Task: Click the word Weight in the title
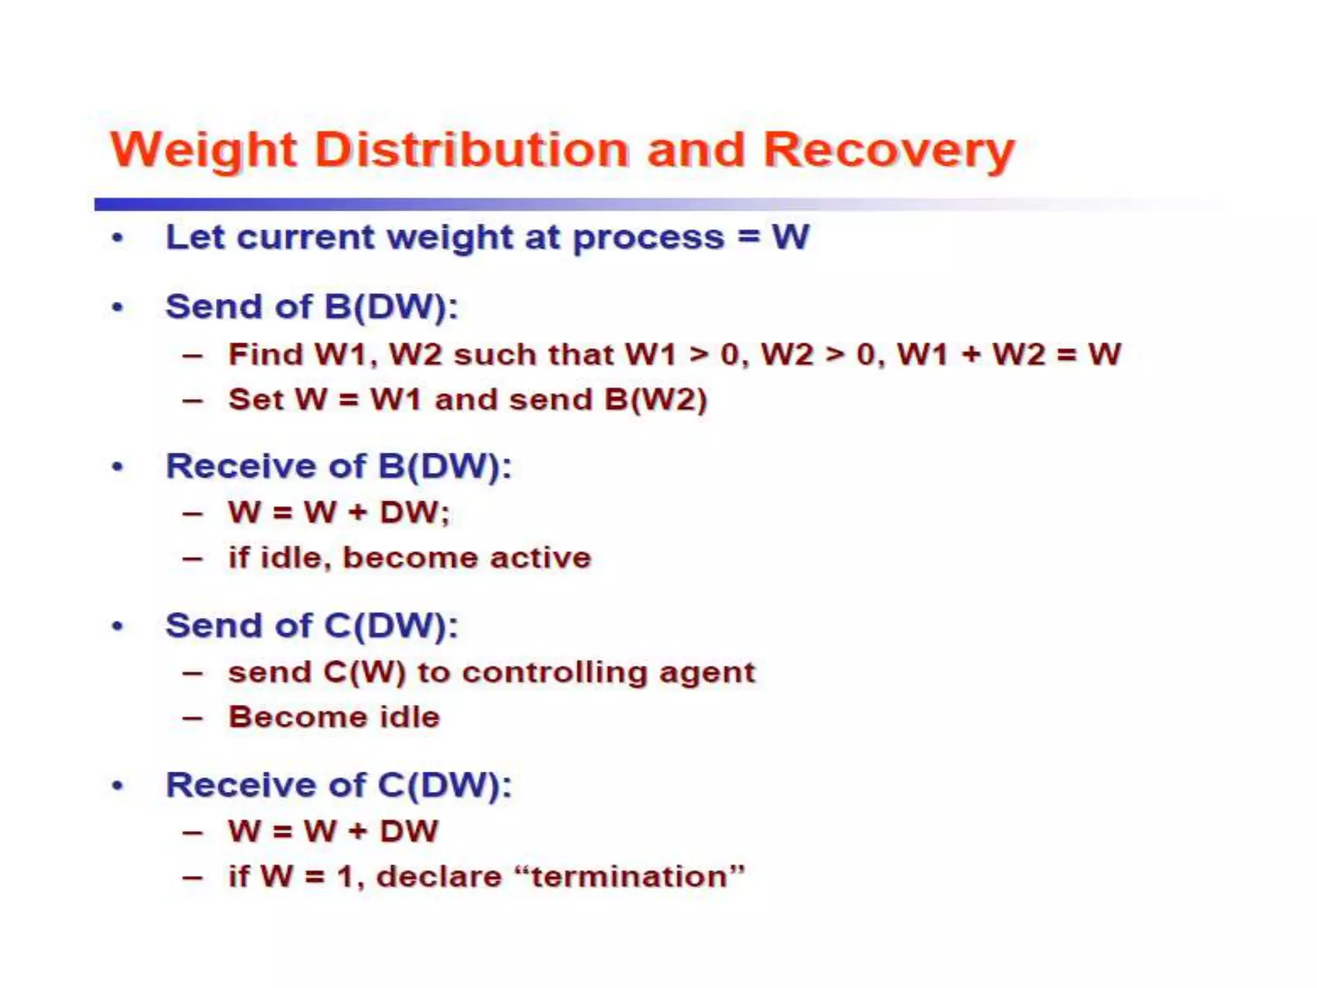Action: pyautogui.click(x=203, y=151)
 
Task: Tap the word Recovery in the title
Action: pyautogui.click(x=888, y=151)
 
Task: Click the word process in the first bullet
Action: pyautogui.click(x=648, y=238)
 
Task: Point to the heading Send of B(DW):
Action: pyautogui.click(x=312, y=307)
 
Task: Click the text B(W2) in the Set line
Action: pyautogui.click(x=655, y=400)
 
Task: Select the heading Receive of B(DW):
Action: pyautogui.click(x=338, y=466)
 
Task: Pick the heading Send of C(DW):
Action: pyautogui.click(x=312, y=626)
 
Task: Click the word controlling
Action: pyautogui.click(x=554, y=673)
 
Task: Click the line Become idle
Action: pyautogui.click(x=334, y=717)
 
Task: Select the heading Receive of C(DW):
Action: pyautogui.click(x=338, y=785)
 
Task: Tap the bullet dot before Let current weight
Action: pyautogui.click(x=117, y=239)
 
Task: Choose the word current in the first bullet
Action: pyautogui.click(x=305, y=238)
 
